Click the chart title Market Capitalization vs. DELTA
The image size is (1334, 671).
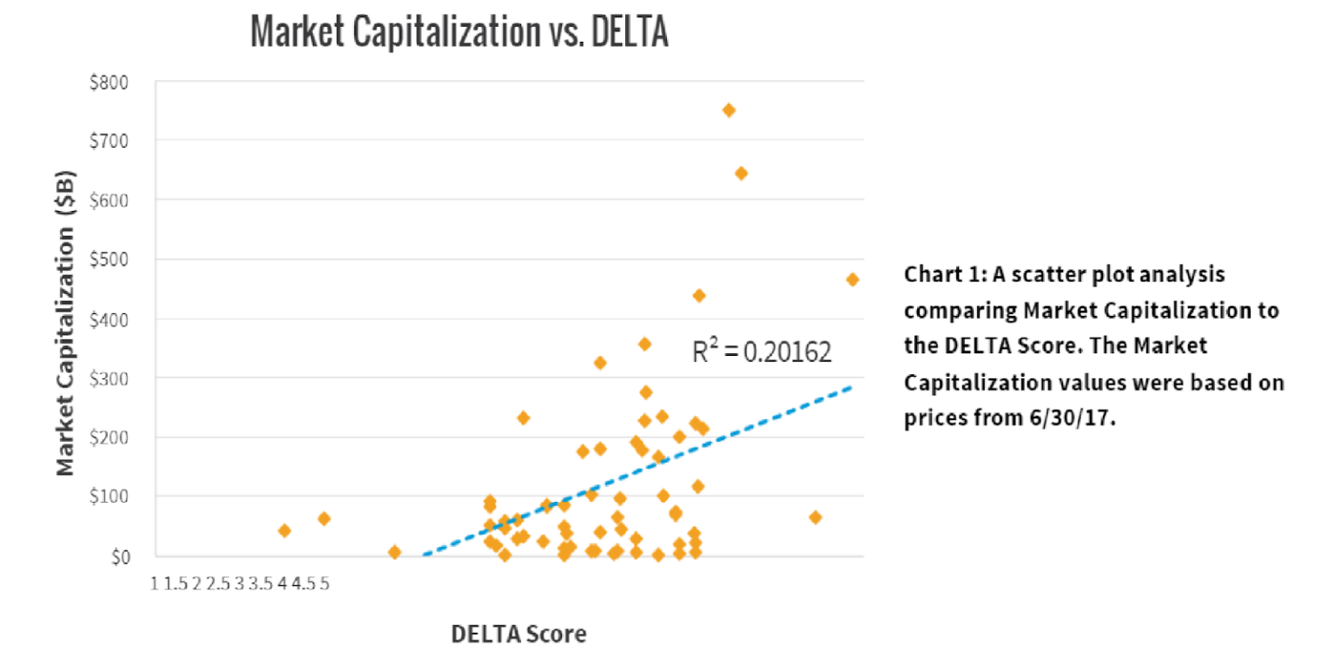[459, 32]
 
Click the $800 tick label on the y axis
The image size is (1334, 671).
[109, 82]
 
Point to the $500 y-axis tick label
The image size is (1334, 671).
[109, 260]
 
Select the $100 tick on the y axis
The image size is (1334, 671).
[109, 497]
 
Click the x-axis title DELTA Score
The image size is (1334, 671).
[518, 634]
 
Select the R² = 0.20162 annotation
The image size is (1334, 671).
[762, 352]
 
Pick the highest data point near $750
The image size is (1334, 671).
[729, 110]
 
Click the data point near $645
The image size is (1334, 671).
[741, 173]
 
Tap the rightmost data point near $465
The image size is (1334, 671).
[852, 280]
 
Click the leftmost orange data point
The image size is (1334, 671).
[284, 530]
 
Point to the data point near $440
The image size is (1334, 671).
[698, 295]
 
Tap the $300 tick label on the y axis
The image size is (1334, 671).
[109, 378]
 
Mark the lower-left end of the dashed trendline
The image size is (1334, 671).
[423, 554]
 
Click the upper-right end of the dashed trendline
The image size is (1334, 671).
[852, 387]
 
